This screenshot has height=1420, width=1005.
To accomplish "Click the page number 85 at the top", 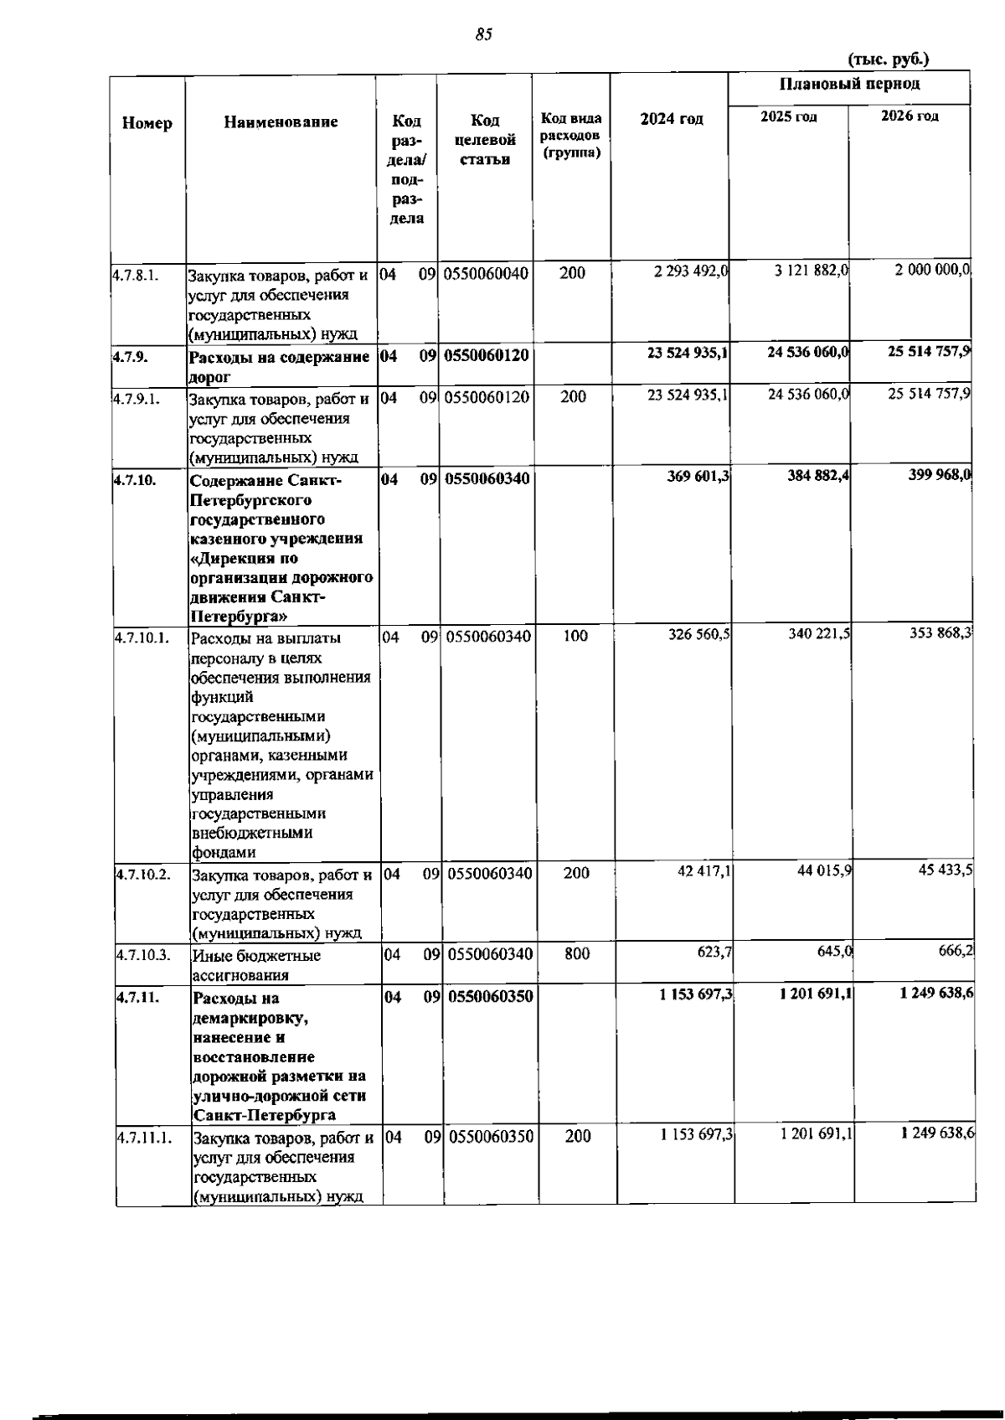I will coord(483,34).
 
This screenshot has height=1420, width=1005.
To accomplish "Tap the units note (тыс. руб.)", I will coord(889,59).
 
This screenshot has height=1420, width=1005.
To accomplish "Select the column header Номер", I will coord(147,123).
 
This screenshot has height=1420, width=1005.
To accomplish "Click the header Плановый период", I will coord(849,84).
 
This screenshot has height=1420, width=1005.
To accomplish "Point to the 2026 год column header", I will coord(910,116).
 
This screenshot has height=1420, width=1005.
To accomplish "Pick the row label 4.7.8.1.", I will coord(137,275).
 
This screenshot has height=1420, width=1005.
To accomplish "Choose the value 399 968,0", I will coord(939,476).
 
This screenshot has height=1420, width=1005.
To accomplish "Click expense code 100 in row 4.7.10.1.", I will coord(575,636).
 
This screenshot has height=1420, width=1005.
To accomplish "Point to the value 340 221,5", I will coord(819,634).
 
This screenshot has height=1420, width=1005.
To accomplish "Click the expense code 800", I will coord(577,953).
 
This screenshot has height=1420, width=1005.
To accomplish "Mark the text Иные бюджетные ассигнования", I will coord(256,965).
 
